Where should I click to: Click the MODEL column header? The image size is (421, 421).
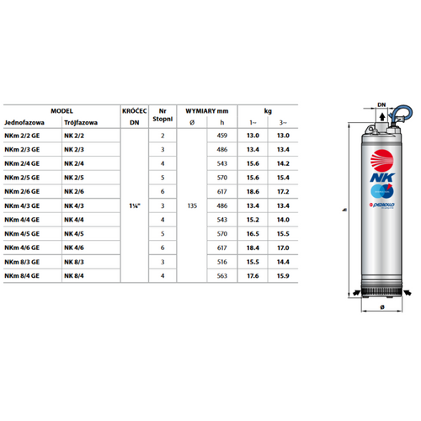pos(61,110)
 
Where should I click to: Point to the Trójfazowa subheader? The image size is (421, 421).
pos(81,122)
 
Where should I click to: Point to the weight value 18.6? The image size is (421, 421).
pos(253,193)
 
